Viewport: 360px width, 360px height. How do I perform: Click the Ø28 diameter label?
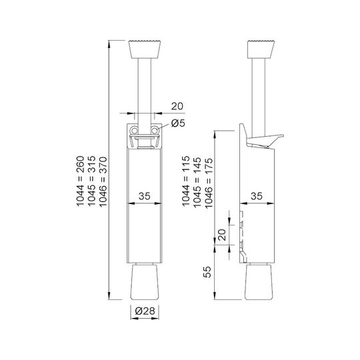[x=145, y=311]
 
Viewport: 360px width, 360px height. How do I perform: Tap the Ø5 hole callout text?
[x=178, y=123]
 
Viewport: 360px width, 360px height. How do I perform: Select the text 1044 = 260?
[x=81, y=181]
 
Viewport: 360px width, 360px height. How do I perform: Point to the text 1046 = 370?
[x=103, y=182]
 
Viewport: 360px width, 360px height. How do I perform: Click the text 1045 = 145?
[x=197, y=183]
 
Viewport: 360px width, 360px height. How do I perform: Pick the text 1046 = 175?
[x=209, y=183]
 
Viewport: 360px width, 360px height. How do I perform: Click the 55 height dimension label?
[x=207, y=272]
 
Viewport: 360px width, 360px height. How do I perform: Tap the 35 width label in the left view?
[x=145, y=196]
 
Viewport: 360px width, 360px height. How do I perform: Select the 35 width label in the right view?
[x=257, y=196]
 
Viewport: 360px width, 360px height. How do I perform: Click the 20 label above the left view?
[x=177, y=106]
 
